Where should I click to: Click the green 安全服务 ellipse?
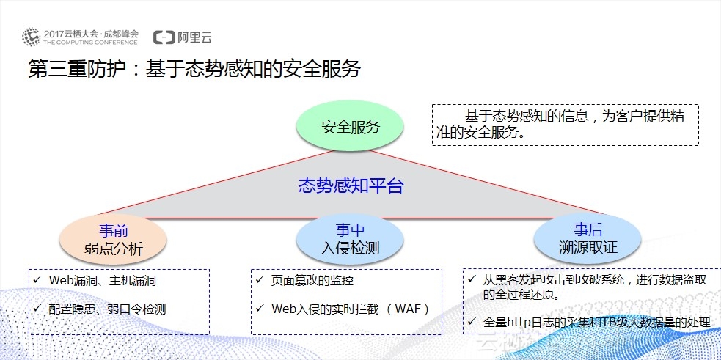[351, 126]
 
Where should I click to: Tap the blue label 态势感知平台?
[351, 185]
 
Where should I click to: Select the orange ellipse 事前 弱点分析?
[112, 239]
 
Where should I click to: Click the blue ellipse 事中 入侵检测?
[350, 239]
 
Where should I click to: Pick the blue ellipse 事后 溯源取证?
[587, 238]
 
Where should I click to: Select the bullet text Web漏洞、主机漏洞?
[102, 280]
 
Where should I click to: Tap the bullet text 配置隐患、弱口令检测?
[107, 309]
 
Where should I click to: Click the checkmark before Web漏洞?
[36, 280]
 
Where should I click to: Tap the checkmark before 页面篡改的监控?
[257, 280]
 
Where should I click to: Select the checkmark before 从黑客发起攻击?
[472, 279]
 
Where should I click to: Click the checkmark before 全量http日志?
[472, 322]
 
